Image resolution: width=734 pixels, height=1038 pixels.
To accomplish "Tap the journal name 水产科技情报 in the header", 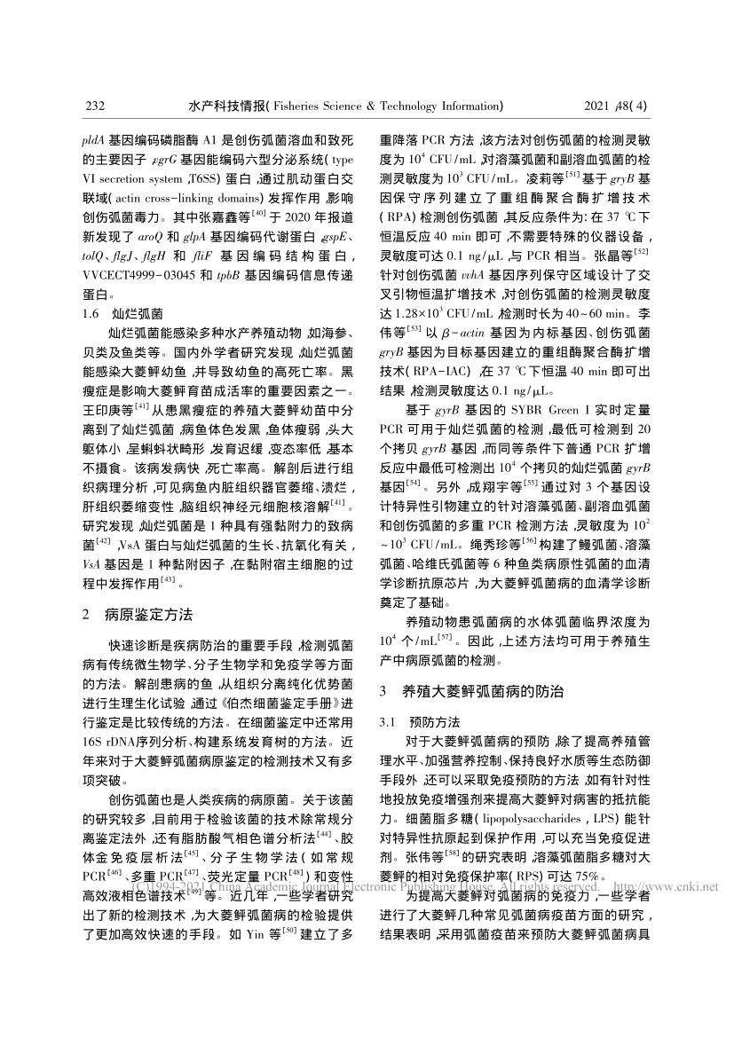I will pyautogui.click(x=226, y=106).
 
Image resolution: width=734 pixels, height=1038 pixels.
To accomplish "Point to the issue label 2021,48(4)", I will pyautogui.click(x=617, y=106).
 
